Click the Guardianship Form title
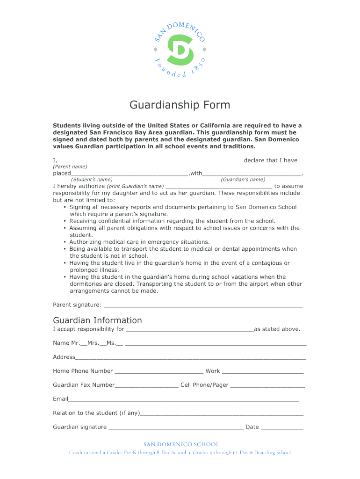point(180,105)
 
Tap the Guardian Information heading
point(97,320)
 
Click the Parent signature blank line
point(203,306)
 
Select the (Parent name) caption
point(70,167)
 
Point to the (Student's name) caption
point(92,180)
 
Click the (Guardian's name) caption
point(243,180)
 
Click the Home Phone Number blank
point(159,372)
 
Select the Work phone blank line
point(262,372)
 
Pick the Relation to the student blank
point(222,414)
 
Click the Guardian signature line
point(176,428)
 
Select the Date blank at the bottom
point(282,428)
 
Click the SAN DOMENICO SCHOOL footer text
point(180,444)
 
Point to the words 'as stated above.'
point(277,329)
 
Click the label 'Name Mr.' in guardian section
point(66,343)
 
